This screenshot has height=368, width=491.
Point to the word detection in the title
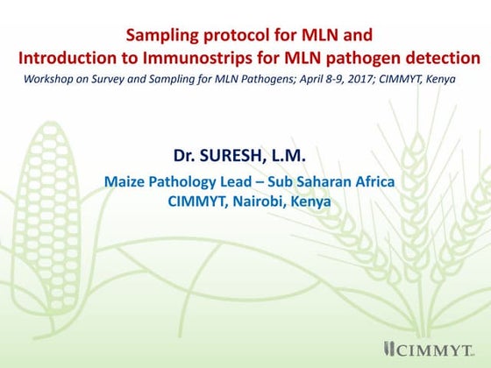tap(443, 58)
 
